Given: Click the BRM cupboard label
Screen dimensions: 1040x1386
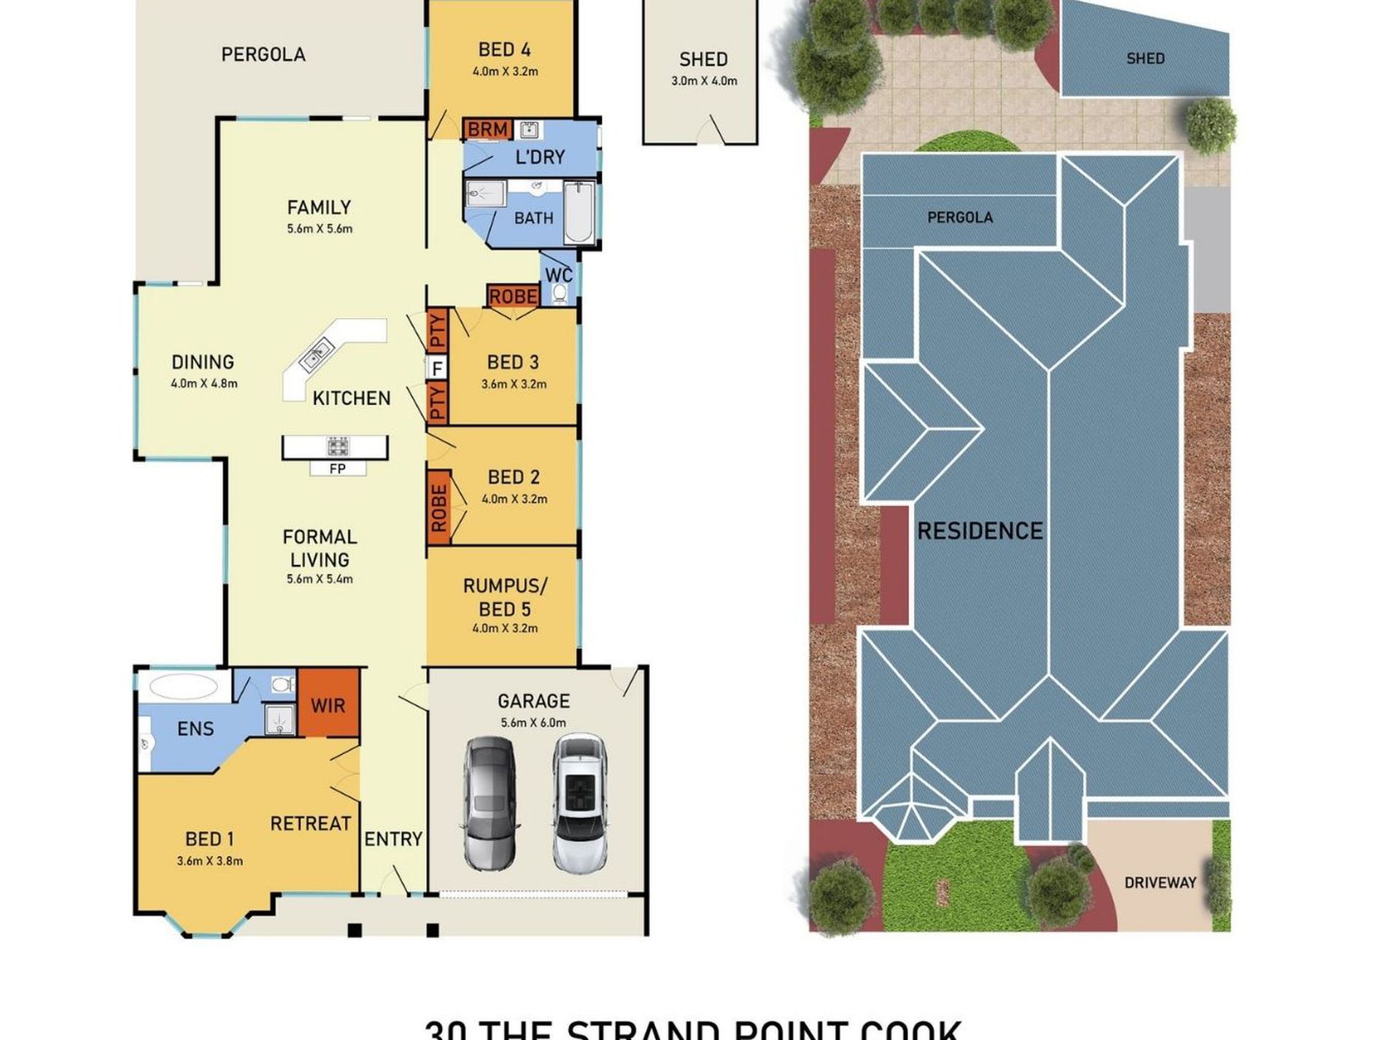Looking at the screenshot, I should [x=487, y=129].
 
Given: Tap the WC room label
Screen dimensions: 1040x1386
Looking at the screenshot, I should [x=558, y=275].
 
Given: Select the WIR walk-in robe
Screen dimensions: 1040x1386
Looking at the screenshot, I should [x=328, y=705].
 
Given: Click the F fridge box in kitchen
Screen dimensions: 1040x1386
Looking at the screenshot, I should [x=437, y=369].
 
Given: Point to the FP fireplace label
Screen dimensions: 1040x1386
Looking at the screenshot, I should [x=337, y=469].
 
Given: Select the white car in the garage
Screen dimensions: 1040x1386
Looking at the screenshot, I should [x=579, y=803].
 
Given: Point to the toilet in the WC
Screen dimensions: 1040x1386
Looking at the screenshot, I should [x=560, y=293].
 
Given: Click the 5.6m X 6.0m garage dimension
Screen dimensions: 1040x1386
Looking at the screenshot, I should [x=533, y=723].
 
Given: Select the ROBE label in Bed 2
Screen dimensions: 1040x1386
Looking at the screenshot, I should [x=438, y=508].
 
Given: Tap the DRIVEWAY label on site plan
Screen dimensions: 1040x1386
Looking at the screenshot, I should [x=1160, y=882].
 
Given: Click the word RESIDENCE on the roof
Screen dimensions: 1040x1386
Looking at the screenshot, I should [x=979, y=531].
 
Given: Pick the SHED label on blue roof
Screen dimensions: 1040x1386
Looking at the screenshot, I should [x=1145, y=58].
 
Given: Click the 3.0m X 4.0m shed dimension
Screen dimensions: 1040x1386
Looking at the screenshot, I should [x=704, y=81].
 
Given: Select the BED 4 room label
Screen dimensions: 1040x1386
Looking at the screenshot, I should [x=504, y=50].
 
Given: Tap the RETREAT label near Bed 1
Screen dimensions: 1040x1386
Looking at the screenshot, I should [x=310, y=823].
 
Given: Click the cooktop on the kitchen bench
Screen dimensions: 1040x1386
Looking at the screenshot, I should [x=337, y=446].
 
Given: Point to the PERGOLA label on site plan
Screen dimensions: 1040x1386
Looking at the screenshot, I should [x=959, y=217].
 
